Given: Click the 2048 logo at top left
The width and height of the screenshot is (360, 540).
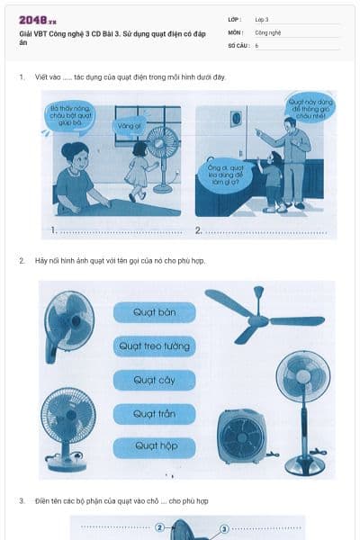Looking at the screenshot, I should (37, 19).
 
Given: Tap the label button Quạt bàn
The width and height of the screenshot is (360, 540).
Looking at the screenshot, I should (154, 312).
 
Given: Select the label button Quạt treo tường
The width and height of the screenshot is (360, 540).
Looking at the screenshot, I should (154, 346).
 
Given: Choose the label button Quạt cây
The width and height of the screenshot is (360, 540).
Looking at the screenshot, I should (154, 380).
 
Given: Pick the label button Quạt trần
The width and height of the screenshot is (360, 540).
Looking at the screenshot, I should (154, 413).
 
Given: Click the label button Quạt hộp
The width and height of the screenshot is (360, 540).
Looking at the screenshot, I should (154, 445).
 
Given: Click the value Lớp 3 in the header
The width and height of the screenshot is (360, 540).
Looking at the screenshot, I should (262, 19).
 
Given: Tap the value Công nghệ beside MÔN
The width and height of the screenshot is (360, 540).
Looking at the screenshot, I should (268, 31).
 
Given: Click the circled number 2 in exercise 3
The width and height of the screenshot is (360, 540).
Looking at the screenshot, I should (159, 528).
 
